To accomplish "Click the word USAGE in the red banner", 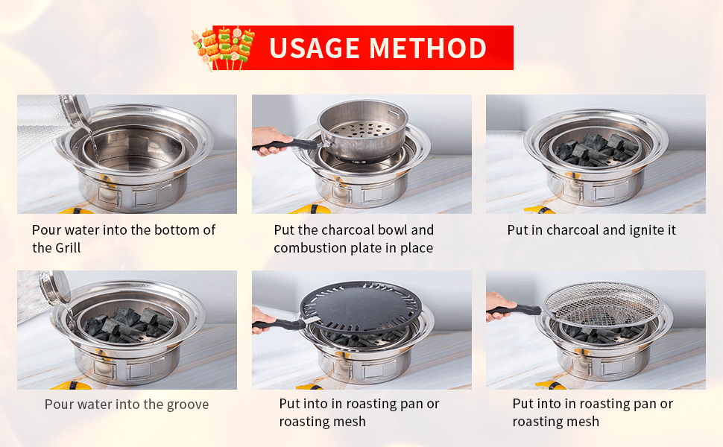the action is pyautogui.click(x=314, y=48).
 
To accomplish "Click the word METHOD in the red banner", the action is pyautogui.click(x=428, y=48).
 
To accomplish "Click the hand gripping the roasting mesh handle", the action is pyautogui.click(x=499, y=305).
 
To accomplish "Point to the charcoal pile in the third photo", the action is pyautogui.click(x=596, y=150).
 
